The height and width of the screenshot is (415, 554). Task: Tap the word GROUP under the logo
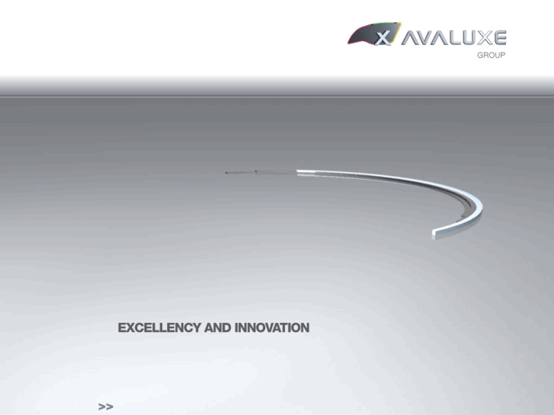(x=492, y=56)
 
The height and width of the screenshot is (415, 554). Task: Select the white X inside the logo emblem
(x=384, y=37)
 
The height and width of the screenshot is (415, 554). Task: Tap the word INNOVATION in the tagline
(x=272, y=328)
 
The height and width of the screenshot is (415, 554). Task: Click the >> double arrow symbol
(x=105, y=407)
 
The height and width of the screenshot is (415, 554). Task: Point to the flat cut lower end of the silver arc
(x=434, y=234)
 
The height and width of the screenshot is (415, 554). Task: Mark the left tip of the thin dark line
(x=226, y=173)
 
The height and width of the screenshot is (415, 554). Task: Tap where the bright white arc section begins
(x=298, y=171)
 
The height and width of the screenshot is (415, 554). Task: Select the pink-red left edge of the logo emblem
(x=351, y=38)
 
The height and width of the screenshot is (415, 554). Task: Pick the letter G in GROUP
(x=480, y=56)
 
